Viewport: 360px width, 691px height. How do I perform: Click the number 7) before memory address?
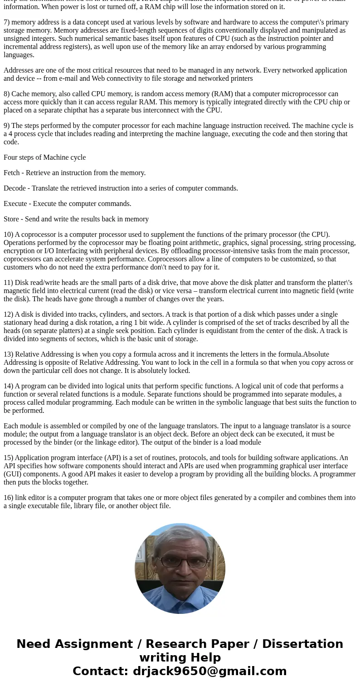(x=7, y=22)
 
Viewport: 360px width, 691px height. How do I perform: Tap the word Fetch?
(x=13, y=173)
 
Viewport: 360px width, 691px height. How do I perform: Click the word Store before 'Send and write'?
(x=12, y=219)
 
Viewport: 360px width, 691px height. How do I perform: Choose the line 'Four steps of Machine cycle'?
(x=44, y=157)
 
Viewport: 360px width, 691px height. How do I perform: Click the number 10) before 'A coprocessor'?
(x=8, y=235)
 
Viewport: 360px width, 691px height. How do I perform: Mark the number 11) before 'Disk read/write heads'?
(x=8, y=283)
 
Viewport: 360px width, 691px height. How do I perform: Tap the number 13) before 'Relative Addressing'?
(x=8, y=354)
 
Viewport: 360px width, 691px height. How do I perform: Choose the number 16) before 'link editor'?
(x=8, y=498)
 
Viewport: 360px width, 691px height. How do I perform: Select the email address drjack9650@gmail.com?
(x=209, y=671)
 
